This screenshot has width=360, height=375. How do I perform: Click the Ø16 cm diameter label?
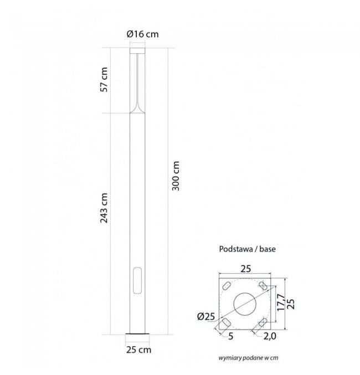click(142, 34)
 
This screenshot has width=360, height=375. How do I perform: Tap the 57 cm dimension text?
click(104, 80)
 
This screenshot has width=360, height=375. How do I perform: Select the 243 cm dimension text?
click(104, 208)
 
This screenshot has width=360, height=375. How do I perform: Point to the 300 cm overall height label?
click(176, 176)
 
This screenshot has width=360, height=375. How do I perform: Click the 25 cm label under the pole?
click(138, 350)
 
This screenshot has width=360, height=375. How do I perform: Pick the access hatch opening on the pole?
click(137, 280)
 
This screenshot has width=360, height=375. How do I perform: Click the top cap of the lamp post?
click(137, 50)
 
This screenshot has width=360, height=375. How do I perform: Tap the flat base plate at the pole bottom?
click(137, 333)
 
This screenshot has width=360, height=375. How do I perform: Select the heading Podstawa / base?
click(248, 249)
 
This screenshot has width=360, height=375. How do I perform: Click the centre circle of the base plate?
click(245, 304)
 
